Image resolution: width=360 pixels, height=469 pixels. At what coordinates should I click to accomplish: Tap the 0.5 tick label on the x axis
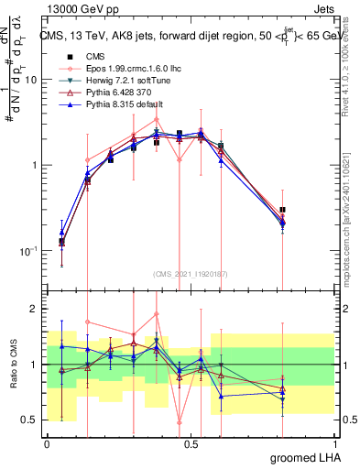tap(191, 444)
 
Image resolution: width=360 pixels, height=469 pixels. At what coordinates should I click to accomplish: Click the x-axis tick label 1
tap(334, 444)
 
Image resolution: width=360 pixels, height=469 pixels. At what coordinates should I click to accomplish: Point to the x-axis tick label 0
tap(47, 444)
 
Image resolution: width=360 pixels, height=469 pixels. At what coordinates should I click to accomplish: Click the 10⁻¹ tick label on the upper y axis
tap(27, 250)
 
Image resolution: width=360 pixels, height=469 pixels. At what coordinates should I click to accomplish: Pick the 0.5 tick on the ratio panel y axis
tap(32, 420)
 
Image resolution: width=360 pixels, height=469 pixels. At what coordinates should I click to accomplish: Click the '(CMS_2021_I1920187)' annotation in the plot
tap(190, 274)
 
